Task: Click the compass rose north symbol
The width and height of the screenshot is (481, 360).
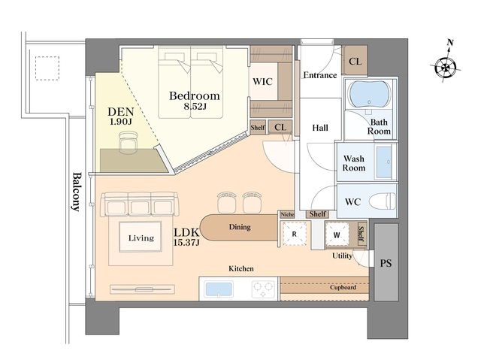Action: (446, 64)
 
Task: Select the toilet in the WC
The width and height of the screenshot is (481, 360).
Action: (383, 201)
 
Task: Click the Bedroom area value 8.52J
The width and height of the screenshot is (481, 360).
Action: (195, 107)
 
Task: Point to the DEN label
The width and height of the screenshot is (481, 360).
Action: (120, 112)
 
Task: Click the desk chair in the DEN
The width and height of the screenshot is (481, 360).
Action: (128, 142)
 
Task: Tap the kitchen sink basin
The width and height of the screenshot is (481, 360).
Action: (219, 289)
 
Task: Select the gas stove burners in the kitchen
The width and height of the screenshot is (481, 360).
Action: (263, 289)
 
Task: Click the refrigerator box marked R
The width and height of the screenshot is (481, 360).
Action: (294, 234)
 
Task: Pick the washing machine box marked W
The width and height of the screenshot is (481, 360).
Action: (337, 234)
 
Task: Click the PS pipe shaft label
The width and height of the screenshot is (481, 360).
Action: (386, 263)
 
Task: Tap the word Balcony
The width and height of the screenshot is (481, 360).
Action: (77, 192)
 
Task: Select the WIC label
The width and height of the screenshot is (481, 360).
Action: (262, 82)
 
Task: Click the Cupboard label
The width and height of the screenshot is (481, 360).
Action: (343, 287)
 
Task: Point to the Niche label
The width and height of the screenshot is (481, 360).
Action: (287, 214)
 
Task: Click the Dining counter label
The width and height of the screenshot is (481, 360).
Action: (240, 227)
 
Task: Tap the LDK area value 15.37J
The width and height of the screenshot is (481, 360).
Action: (186, 243)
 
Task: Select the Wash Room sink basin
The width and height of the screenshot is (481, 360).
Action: (384, 162)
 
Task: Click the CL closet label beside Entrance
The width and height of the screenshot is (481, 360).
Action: (355, 62)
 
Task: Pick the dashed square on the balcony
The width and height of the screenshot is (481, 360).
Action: (47, 68)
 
